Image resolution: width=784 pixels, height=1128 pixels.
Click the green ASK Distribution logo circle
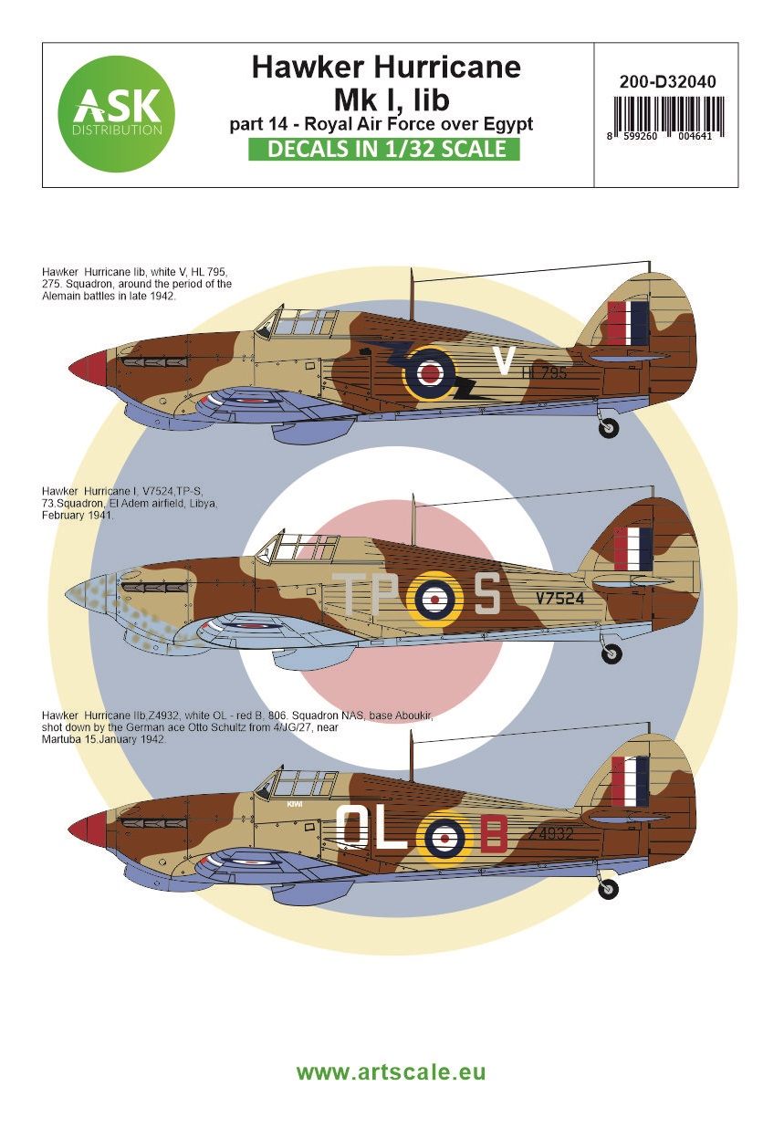[x=116, y=114]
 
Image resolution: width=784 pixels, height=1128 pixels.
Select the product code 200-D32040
[x=666, y=82]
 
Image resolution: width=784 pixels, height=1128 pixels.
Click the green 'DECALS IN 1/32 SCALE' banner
[x=384, y=150]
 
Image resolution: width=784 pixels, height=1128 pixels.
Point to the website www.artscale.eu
[x=392, y=1071]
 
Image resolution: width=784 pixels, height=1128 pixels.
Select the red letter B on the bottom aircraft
[x=493, y=832]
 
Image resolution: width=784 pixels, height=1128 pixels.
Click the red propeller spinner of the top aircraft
[x=89, y=368]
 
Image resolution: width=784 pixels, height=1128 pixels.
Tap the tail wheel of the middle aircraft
[x=611, y=653]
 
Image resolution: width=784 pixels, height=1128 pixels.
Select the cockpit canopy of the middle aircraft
[x=290, y=549]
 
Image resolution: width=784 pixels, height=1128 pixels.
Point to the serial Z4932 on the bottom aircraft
[x=549, y=833]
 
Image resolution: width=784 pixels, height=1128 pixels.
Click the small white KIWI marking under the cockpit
[x=293, y=804]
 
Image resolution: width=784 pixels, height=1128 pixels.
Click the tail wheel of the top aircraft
[x=609, y=428]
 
